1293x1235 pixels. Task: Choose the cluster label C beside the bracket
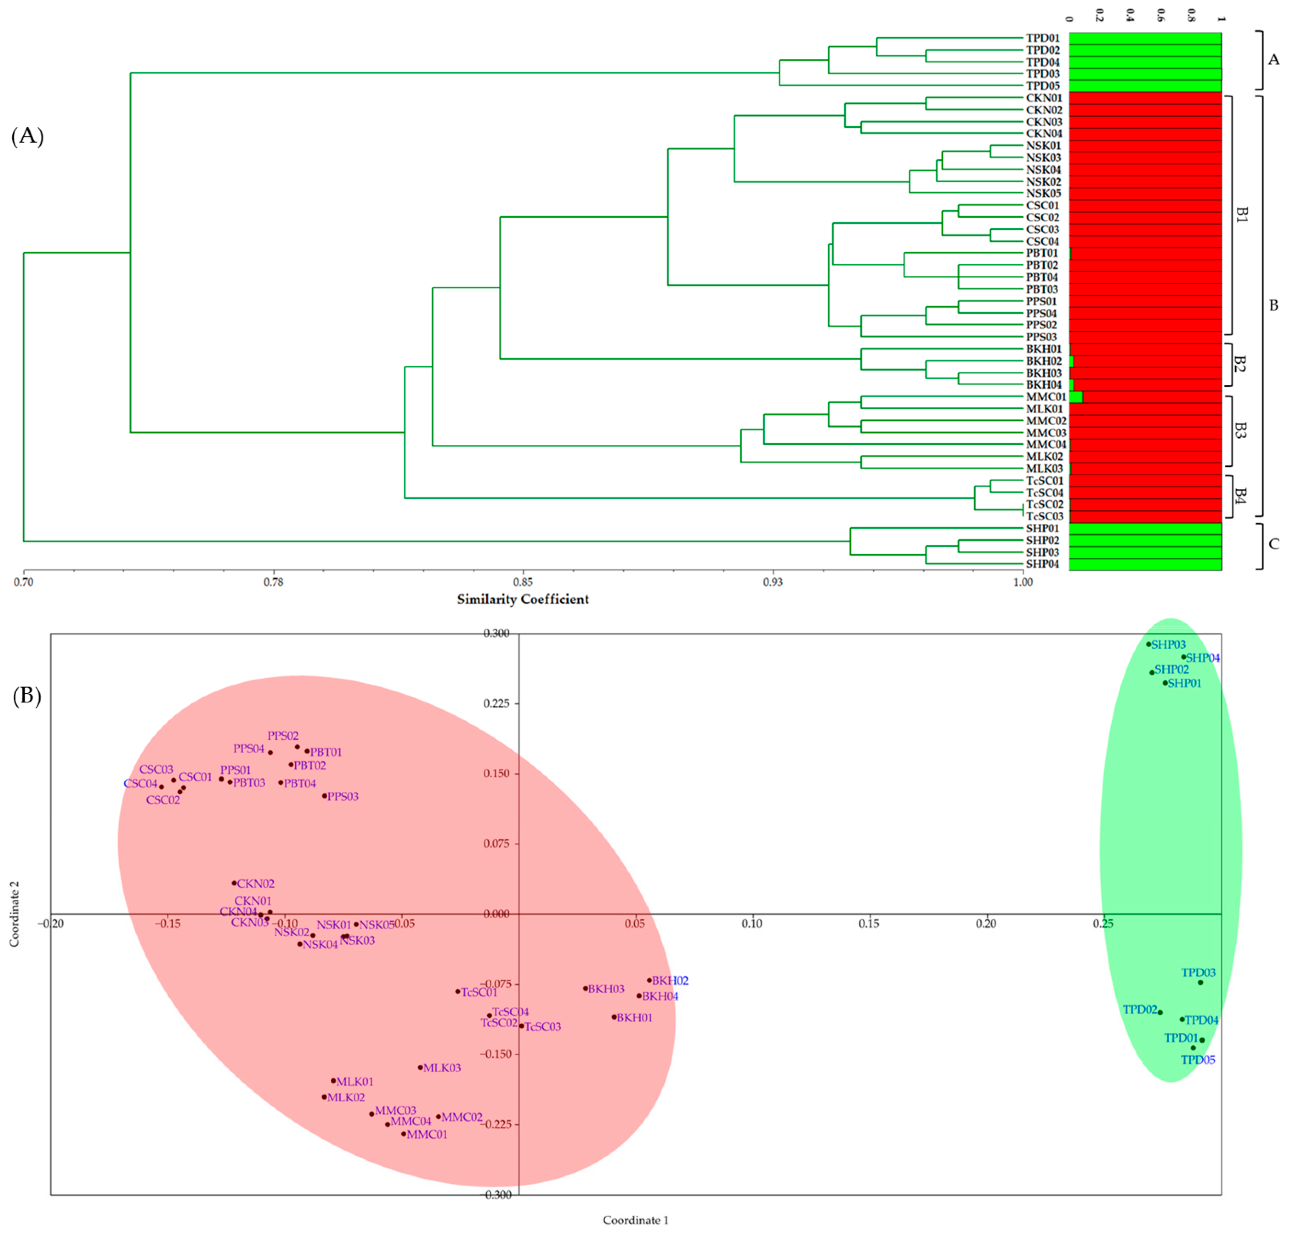1273,544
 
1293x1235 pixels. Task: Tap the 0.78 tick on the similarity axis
273,582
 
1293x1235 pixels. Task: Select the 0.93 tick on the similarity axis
772,582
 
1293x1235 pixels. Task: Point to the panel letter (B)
27,696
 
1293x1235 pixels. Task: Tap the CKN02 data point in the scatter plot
234,883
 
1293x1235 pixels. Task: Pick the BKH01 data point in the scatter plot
614,1017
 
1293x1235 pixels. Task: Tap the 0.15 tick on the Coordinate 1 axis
869,924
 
